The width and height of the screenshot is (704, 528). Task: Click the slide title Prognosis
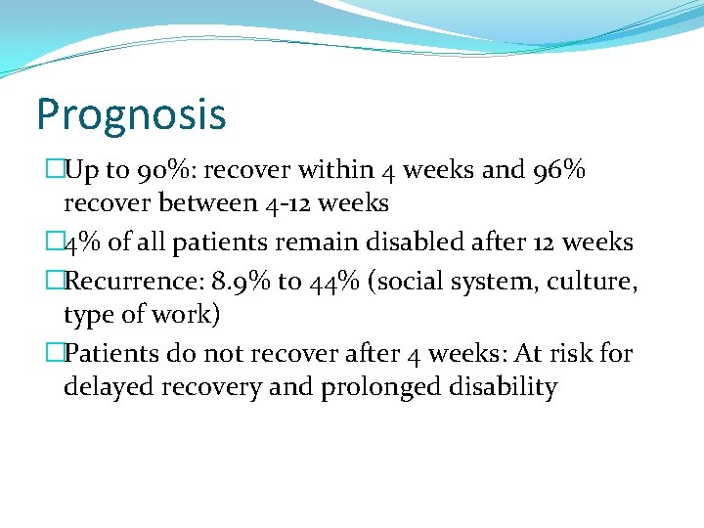coord(131,114)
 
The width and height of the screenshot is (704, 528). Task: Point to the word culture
coord(594,282)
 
